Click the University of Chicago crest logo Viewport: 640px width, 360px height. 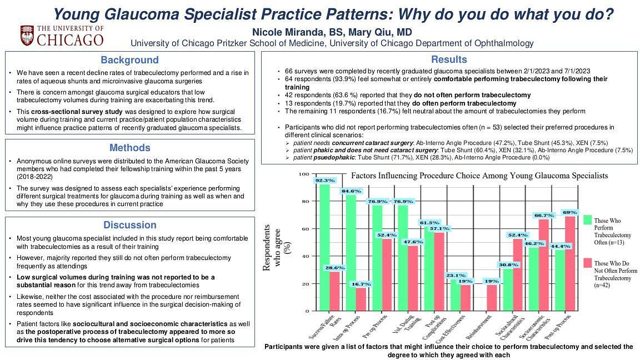[x=27, y=35]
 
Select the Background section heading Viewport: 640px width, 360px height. [x=129, y=60]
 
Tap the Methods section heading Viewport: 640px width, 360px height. [x=129, y=148]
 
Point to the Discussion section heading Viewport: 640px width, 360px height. [x=129, y=225]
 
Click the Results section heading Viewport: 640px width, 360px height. [x=449, y=59]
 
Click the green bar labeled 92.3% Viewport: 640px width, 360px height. [x=325, y=247]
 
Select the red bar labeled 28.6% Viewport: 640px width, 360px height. [x=334, y=291]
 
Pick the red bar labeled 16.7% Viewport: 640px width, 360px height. [x=361, y=299]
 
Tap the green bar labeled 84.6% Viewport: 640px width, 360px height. [x=351, y=253]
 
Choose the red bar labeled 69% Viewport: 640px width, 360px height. [x=569, y=264]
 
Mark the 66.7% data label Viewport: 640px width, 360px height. [x=543, y=215]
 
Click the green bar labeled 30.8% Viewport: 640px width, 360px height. [x=508, y=289]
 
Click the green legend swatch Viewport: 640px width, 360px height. [x=587, y=220]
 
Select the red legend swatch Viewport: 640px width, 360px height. [x=587, y=262]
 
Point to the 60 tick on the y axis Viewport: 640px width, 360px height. [x=304, y=229]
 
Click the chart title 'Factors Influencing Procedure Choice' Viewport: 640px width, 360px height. [x=479, y=176]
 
